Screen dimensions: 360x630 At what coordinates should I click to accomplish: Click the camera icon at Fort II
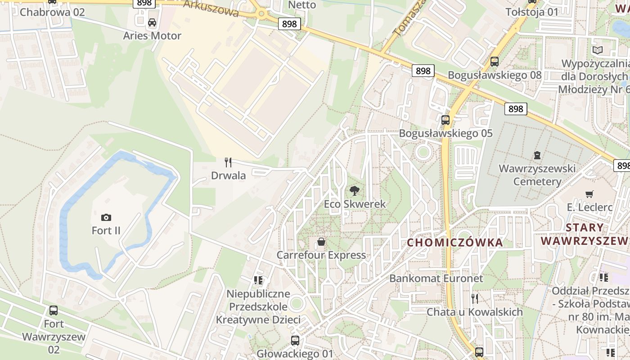(106, 218)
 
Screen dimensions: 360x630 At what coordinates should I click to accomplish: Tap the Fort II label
(106, 231)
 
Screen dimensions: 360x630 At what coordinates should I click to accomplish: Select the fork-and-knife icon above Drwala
(228, 162)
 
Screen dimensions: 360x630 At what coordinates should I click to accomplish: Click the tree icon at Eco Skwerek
(355, 191)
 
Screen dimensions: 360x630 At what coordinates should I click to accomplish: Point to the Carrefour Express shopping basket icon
(321, 242)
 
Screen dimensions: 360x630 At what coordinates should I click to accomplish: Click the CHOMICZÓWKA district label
(454, 243)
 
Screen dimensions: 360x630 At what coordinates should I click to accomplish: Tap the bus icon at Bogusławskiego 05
(445, 120)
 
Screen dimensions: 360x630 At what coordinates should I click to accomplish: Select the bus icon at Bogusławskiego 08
(495, 62)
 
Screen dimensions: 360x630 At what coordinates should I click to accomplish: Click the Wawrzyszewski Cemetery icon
(537, 156)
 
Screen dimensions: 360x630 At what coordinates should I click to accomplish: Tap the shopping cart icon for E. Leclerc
(589, 194)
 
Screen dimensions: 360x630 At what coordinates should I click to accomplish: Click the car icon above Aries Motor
(152, 22)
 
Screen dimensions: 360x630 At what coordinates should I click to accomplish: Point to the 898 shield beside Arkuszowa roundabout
(289, 24)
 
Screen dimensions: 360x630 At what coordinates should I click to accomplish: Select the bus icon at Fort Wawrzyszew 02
(54, 310)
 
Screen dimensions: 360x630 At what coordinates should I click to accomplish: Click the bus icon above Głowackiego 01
(295, 341)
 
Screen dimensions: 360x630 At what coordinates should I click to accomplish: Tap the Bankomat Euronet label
(436, 278)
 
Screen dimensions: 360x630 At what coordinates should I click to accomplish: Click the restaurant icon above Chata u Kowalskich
(474, 298)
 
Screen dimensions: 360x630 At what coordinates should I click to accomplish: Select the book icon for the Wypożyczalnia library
(597, 50)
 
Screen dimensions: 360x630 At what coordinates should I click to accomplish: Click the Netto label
(302, 5)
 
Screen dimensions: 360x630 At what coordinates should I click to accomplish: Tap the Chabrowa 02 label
(52, 12)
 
